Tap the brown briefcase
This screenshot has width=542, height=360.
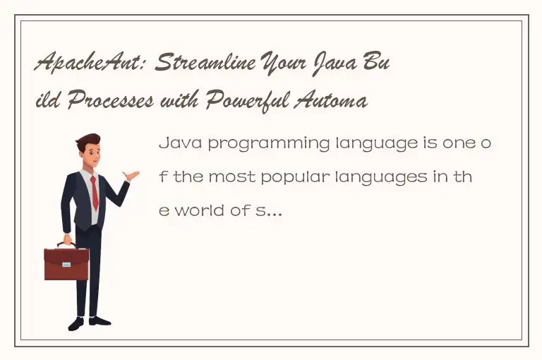[x=66, y=263]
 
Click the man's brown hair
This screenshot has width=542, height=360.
[x=88, y=140]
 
